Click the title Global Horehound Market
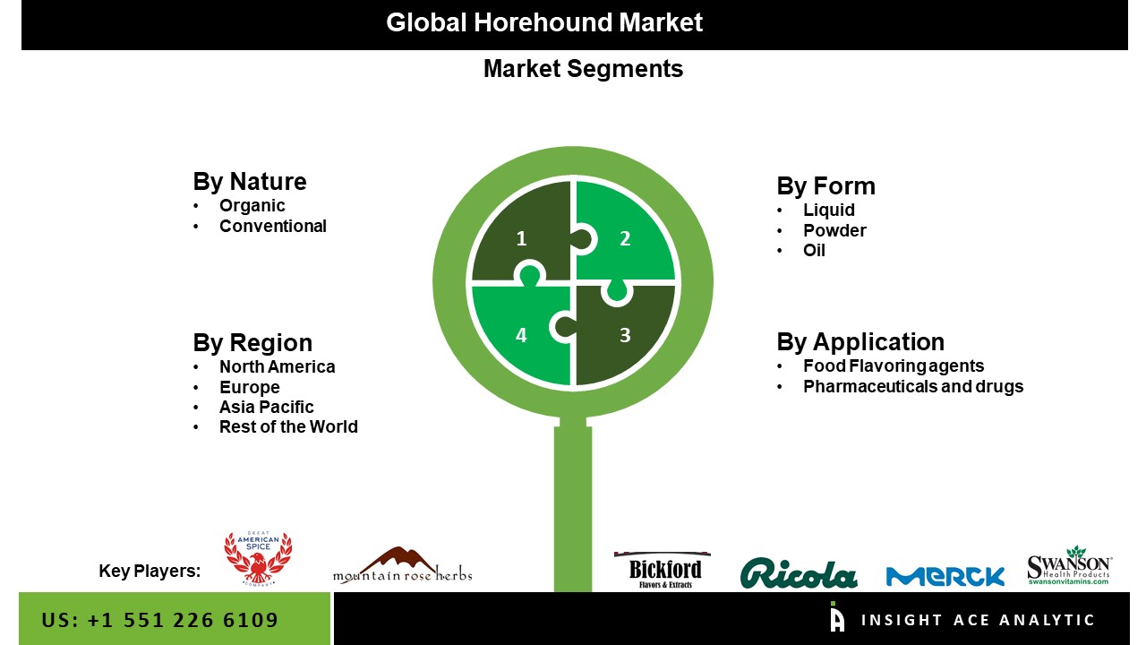tap(544, 23)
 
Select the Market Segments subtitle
tap(583, 69)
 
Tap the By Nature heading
tap(250, 182)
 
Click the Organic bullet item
tap(252, 206)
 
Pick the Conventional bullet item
tap(273, 227)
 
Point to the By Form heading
tap(825, 185)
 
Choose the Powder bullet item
tap(834, 230)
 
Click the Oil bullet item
tap(814, 250)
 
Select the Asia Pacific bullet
tap(267, 407)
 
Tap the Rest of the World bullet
tap(288, 427)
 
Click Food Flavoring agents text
tap(894, 366)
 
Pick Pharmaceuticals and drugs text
tap(913, 386)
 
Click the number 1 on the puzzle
tap(521, 238)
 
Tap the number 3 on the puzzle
tap(625, 335)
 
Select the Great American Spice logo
tap(258, 558)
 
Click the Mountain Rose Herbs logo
tap(403, 565)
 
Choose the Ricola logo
tap(799, 573)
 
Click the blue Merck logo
tap(945, 576)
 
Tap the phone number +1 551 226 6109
tap(183, 621)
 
